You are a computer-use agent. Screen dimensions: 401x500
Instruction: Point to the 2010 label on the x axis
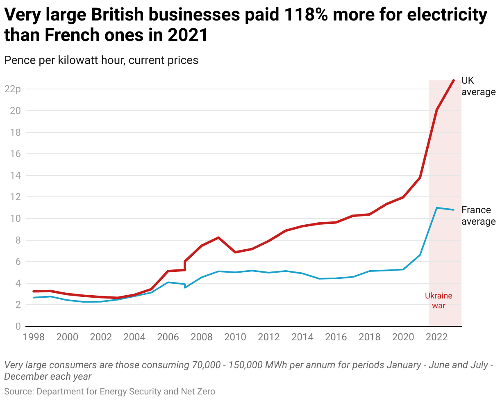click(x=235, y=337)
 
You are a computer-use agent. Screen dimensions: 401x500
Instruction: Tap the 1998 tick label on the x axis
click(x=34, y=337)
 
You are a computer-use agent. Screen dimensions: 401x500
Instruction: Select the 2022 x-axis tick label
click(x=437, y=337)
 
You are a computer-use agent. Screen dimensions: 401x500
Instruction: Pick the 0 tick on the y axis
click(x=18, y=326)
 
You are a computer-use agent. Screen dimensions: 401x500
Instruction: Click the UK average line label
click(x=478, y=86)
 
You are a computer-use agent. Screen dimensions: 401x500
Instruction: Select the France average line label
click(x=478, y=216)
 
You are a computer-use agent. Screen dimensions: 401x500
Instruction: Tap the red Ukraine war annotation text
click(x=439, y=301)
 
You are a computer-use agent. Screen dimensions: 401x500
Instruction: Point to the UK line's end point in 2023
click(x=454, y=80)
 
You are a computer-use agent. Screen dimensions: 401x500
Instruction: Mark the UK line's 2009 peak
click(x=218, y=237)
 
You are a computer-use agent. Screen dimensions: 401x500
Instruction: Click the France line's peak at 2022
click(x=437, y=208)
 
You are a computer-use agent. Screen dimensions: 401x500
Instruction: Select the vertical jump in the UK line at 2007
click(x=185, y=265)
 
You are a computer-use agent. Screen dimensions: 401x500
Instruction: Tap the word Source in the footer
click(x=19, y=392)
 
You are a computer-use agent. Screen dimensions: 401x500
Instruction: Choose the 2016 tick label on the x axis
click(x=336, y=337)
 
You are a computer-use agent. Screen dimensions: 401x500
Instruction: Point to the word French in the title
click(x=73, y=36)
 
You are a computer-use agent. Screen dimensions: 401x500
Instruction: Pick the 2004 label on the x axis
click(x=134, y=337)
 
